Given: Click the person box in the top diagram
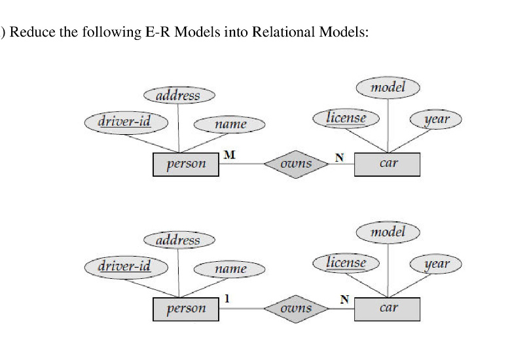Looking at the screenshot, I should pos(185,164).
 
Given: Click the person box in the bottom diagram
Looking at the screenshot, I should pos(185,308).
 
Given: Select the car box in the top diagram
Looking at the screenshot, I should pos(388,164).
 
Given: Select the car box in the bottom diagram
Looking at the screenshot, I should pos(388,308).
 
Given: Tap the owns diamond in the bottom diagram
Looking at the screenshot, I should pos(296,308).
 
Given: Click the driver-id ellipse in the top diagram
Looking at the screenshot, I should pos(126,122).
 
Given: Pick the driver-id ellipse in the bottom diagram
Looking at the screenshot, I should pos(126,266).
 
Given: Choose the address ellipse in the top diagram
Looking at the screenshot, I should pos(179,96).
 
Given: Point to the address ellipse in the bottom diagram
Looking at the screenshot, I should pos(179,240).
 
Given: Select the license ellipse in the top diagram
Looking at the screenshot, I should pos(347,118).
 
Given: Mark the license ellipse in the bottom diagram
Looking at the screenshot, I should pos(347,262).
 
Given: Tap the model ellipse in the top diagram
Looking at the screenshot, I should pos(388,87).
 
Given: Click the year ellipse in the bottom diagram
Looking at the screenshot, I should pos(436,264).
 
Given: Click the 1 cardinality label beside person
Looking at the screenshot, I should pos(227,298).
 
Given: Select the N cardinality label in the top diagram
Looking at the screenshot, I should pos(338,156).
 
